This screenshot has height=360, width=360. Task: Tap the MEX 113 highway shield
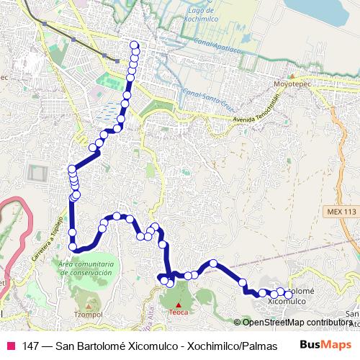pyautogui.click(x=340, y=211)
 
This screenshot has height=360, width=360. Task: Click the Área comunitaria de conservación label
pyautogui.click(x=85, y=269)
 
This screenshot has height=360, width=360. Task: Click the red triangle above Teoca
pyautogui.click(x=179, y=305)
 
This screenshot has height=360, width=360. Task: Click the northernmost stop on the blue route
pyautogui.click(x=134, y=45)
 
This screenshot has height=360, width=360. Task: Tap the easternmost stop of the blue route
pyautogui.click(x=288, y=294)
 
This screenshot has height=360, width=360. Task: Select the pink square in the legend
pyautogui.click(x=10, y=346)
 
